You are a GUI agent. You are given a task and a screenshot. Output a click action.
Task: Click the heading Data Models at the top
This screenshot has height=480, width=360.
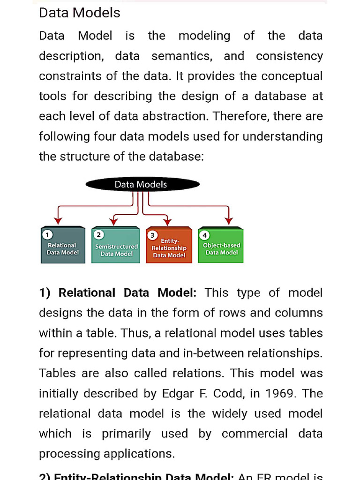(x=80, y=13)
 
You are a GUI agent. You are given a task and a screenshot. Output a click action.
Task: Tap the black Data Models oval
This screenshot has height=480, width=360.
(x=140, y=184)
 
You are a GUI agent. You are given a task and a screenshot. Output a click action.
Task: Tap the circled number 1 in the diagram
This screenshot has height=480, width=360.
(x=47, y=234)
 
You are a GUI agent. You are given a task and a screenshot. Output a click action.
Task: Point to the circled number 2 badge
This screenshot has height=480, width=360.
(x=99, y=234)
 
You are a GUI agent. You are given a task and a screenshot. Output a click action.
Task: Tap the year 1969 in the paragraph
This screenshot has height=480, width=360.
(x=280, y=393)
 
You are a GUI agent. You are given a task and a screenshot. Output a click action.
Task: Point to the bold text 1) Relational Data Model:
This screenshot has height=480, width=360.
(x=118, y=293)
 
